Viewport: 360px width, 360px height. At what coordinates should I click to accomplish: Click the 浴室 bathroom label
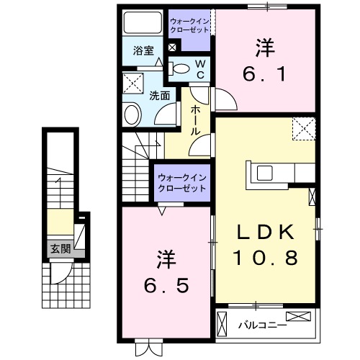coord(144,50)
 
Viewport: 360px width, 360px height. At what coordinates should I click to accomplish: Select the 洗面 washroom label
coord(160,95)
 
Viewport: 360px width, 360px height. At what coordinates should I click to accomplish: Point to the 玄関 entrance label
coord(60,250)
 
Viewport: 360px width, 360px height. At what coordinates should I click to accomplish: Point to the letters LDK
coord(265,232)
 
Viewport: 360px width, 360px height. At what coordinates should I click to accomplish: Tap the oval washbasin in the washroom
coord(132,113)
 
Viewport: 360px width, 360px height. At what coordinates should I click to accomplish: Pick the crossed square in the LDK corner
coord(304,130)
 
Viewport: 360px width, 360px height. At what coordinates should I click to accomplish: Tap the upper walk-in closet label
coord(189,27)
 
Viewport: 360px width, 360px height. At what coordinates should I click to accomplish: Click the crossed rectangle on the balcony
coord(297,317)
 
